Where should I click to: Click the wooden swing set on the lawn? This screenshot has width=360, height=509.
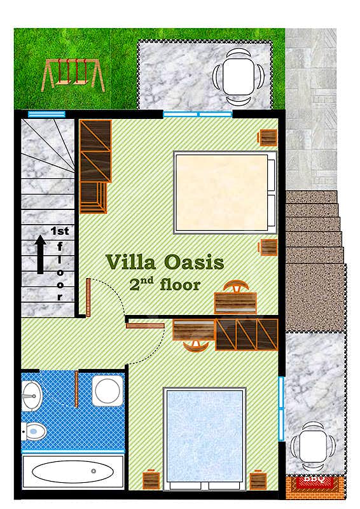(73, 75)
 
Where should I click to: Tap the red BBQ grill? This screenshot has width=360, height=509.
(315, 482)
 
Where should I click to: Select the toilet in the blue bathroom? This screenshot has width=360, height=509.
(34, 432)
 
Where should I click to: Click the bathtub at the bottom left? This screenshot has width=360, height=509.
(73, 471)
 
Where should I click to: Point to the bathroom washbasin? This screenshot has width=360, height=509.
(32, 395)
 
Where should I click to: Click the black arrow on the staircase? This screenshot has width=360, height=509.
(41, 254)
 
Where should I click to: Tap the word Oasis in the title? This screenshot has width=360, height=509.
(195, 262)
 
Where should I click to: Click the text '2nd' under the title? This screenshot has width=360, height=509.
(142, 284)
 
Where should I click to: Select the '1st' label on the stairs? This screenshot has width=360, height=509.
(60, 231)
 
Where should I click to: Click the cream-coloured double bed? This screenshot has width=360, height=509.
(225, 192)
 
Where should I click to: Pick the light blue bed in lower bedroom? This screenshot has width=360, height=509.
(205, 438)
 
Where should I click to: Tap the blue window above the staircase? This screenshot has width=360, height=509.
(46, 114)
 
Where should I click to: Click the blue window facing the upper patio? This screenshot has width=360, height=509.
(198, 115)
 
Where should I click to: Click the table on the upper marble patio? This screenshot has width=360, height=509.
(239, 76)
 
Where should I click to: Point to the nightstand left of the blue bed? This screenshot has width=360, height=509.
(151, 480)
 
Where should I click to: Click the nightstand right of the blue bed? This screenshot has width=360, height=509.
(258, 480)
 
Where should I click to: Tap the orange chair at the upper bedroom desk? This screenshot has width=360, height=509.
(236, 286)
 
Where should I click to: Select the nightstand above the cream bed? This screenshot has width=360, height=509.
(268, 137)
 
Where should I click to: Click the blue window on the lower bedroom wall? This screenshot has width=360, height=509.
(281, 408)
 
